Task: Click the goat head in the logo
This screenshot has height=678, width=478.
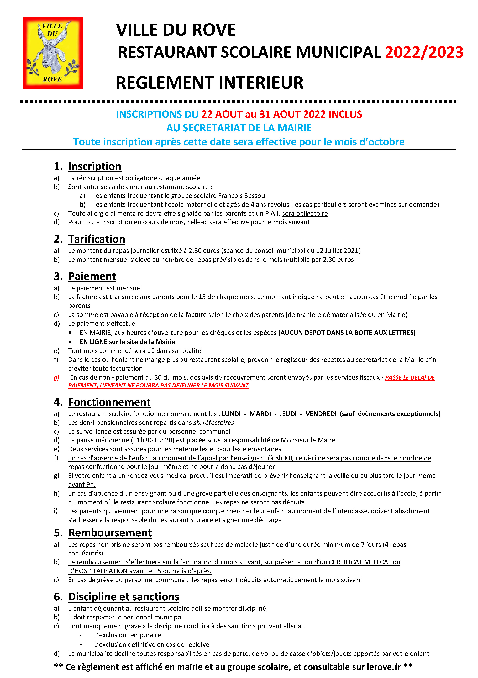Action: click(53, 56)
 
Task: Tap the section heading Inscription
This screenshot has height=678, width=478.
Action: click(94, 166)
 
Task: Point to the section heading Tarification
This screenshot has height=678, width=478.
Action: click(97, 239)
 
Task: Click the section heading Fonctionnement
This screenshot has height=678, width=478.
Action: click(109, 402)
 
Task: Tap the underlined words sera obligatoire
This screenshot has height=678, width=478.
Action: click(305, 213)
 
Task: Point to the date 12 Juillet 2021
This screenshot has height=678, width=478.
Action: click(337, 250)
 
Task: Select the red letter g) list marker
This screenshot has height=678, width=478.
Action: click(56, 377)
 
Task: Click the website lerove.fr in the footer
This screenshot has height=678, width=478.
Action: click(384, 667)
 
